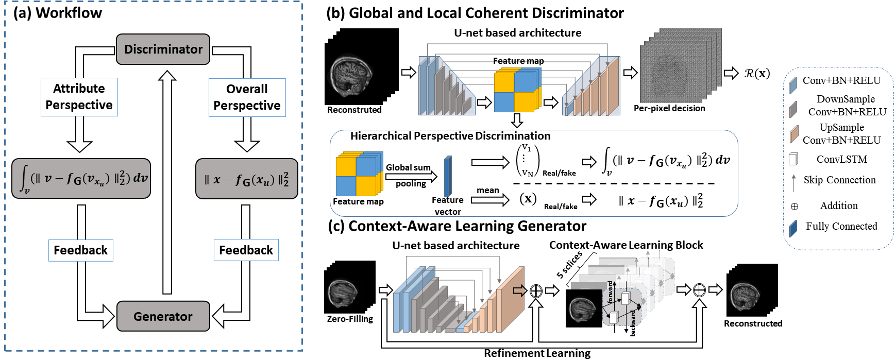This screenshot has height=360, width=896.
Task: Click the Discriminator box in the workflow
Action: click(x=163, y=49)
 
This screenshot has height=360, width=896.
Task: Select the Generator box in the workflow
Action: click(x=163, y=316)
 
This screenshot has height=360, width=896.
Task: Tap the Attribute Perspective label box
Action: click(x=79, y=97)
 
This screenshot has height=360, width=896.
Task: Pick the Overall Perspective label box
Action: click(x=247, y=97)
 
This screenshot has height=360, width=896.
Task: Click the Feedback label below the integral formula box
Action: click(x=80, y=250)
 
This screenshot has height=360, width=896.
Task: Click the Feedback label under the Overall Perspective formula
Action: click(x=246, y=250)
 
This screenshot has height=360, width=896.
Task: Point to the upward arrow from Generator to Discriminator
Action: click(x=166, y=180)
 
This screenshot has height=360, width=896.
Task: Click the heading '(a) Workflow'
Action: click(x=58, y=13)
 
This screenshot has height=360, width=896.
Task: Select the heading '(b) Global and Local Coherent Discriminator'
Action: click(x=475, y=13)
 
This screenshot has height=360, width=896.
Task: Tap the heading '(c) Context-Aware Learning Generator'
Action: click(x=457, y=226)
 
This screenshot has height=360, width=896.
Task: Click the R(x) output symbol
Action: click(x=757, y=73)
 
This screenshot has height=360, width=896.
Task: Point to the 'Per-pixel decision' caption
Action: click(x=669, y=108)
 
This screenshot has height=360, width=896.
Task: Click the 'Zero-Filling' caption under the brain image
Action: click(x=350, y=319)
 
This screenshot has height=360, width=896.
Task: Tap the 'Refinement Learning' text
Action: click(x=537, y=353)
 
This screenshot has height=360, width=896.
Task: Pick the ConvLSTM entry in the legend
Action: click(x=841, y=159)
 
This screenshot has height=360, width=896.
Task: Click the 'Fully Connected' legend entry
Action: click(x=841, y=226)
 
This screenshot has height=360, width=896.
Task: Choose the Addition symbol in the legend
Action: click(x=794, y=207)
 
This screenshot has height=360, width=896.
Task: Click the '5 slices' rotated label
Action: click(x=569, y=264)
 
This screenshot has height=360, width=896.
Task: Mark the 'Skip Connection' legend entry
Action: click(x=839, y=180)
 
